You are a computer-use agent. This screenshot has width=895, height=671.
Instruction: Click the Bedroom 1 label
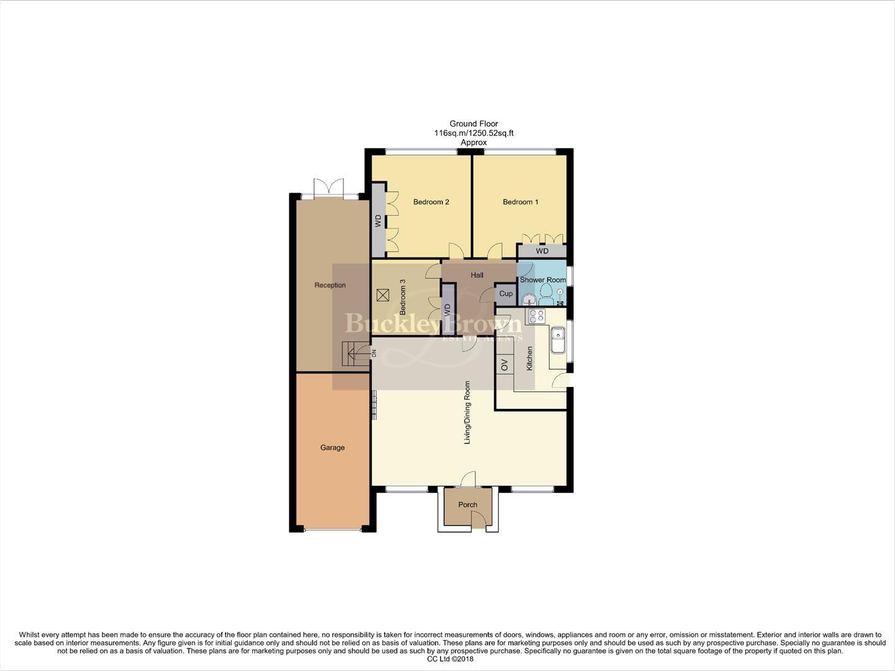(x=520, y=202)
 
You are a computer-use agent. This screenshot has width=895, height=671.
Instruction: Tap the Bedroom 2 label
(x=431, y=202)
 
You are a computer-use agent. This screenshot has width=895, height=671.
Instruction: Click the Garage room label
(x=332, y=447)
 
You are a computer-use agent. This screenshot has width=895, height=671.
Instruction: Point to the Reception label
(x=330, y=285)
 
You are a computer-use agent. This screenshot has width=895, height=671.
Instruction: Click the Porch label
(x=468, y=504)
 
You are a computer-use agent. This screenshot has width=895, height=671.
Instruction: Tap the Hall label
(x=477, y=275)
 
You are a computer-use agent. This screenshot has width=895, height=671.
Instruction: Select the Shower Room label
(x=543, y=280)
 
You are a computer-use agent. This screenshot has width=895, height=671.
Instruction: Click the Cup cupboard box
(x=506, y=294)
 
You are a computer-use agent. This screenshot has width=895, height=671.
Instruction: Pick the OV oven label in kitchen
(x=504, y=365)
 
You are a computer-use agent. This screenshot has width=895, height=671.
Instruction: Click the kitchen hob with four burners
(x=535, y=316)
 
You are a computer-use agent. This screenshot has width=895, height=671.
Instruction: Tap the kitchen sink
(x=557, y=340)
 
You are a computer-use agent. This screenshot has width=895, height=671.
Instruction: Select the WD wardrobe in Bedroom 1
(x=542, y=251)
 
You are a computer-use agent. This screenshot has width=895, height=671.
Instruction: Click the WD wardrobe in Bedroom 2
(x=378, y=220)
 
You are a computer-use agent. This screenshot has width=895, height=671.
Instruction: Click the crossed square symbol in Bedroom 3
(x=383, y=295)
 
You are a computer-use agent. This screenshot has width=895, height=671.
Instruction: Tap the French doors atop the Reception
(x=329, y=188)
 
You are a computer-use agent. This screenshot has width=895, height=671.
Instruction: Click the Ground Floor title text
(x=474, y=124)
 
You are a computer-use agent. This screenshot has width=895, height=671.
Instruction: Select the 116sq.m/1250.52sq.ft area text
(x=474, y=133)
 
